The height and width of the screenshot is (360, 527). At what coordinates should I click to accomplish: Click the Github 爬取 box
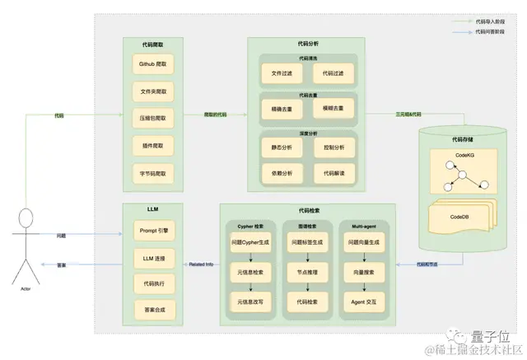click(153, 63)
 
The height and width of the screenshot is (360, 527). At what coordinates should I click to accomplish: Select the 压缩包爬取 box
click(153, 119)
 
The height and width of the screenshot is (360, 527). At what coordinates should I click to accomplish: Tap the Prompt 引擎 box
click(153, 233)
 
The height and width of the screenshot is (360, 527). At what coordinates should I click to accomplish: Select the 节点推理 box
click(305, 273)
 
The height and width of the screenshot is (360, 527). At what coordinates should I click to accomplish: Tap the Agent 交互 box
click(362, 302)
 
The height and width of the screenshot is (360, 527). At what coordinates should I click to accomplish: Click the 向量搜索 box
click(362, 273)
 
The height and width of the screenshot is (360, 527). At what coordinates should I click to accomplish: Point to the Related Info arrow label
click(201, 265)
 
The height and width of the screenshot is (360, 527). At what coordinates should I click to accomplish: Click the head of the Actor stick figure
click(26, 219)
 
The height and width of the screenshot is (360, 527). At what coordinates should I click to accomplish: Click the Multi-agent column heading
click(362, 223)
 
